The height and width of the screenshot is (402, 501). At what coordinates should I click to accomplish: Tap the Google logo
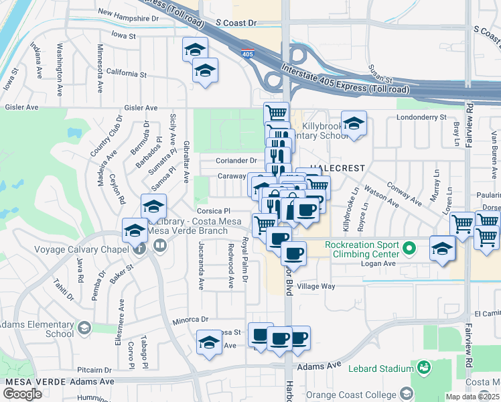23,393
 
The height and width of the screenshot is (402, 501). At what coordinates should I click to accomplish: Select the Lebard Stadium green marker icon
423,367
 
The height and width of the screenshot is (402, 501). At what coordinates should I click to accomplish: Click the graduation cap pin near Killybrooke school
354,123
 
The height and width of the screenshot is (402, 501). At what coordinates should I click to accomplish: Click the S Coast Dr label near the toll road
236,23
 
